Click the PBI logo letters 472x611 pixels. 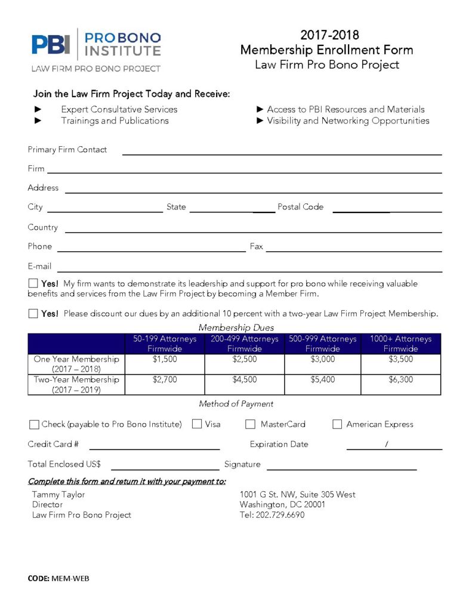(x=51, y=45)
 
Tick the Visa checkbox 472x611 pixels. (x=197, y=424)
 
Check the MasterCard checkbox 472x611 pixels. (x=251, y=424)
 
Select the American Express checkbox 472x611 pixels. (x=337, y=424)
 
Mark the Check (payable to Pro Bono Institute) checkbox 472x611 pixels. (x=34, y=425)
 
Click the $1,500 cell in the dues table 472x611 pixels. (x=165, y=359)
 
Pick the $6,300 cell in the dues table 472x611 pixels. (x=400, y=379)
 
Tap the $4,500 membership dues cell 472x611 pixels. (x=244, y=379)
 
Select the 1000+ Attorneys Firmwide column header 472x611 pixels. (x=400, y=344)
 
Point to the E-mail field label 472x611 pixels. (x=39, y=266)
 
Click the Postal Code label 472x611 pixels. (x=300, y=207)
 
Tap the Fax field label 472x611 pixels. (x=256, y=246)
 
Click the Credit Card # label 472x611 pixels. (x=53, y=444)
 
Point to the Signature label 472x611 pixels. (x=242, y=464)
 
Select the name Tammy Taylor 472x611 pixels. (x=58, y=494)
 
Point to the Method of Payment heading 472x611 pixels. (x=236, y=404)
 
